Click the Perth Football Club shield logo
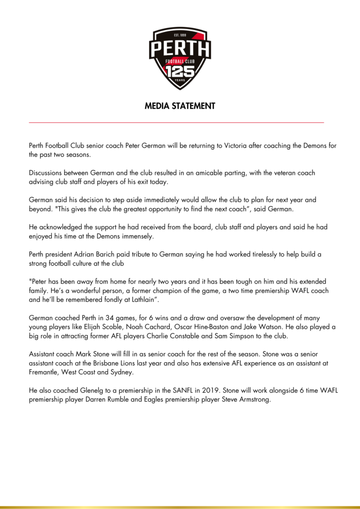[x=180, y=58]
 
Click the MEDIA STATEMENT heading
[x=180, y=106]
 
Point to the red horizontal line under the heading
[x=176, y=123]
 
